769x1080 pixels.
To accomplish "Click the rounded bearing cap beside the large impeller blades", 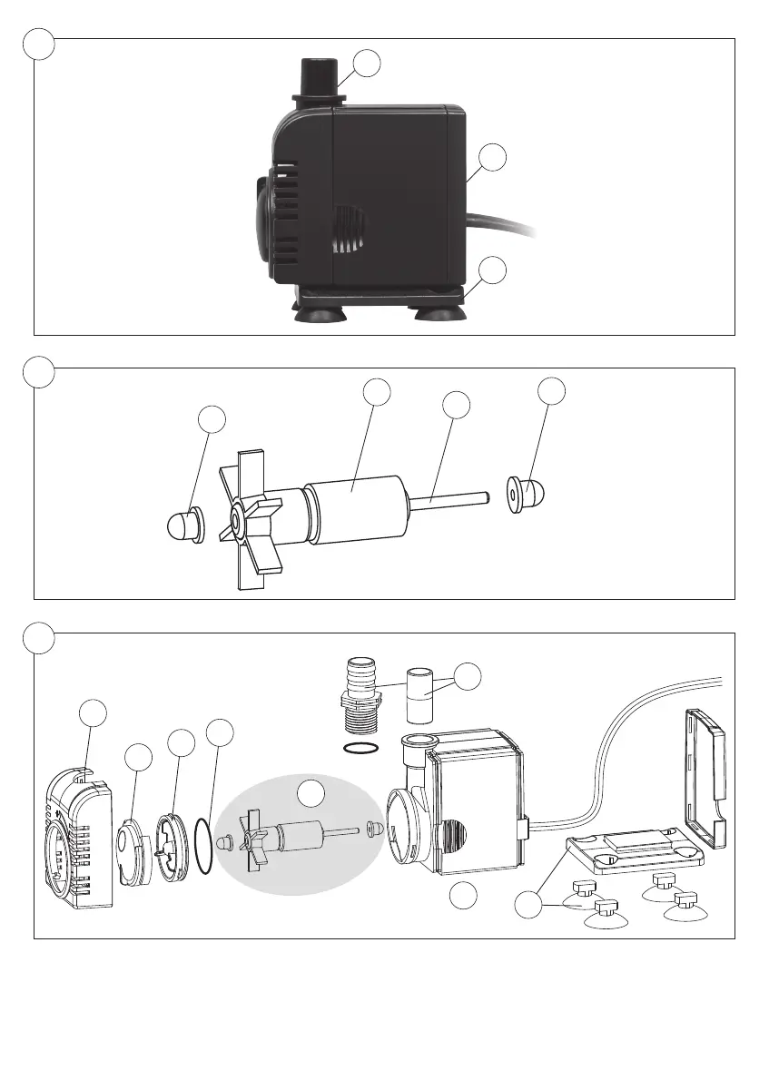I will (x=186, y=526).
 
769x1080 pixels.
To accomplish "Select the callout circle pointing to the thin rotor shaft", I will (x=457, y=405).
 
